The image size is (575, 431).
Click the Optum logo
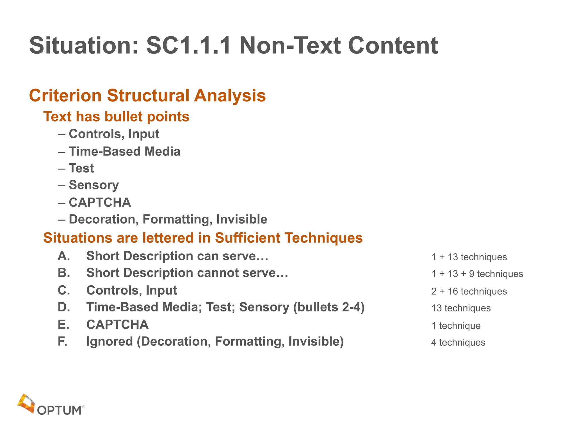[51, 405]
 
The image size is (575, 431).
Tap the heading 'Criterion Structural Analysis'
[147, 95]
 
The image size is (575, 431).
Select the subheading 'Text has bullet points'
[116, 116]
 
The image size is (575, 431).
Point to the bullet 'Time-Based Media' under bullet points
[124, 152]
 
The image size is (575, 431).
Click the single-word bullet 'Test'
[81, 168]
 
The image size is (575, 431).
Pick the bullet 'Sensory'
[94, 185]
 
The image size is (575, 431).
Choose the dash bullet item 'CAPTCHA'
[100, 203]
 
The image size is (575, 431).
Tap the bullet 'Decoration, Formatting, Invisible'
[168, 219]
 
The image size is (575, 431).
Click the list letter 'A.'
[64, 256]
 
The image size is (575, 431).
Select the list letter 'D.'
[64, 307]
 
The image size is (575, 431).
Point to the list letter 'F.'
[62, 341]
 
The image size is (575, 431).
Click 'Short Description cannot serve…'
[187, 273]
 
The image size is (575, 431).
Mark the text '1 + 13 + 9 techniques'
[477, 274]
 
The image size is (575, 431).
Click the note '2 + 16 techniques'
[469, 291]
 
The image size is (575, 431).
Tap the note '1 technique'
[456, 326]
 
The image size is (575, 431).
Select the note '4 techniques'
[458, 343]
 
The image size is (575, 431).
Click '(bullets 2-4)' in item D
[329, 307]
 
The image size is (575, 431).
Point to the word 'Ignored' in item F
[109, 341]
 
